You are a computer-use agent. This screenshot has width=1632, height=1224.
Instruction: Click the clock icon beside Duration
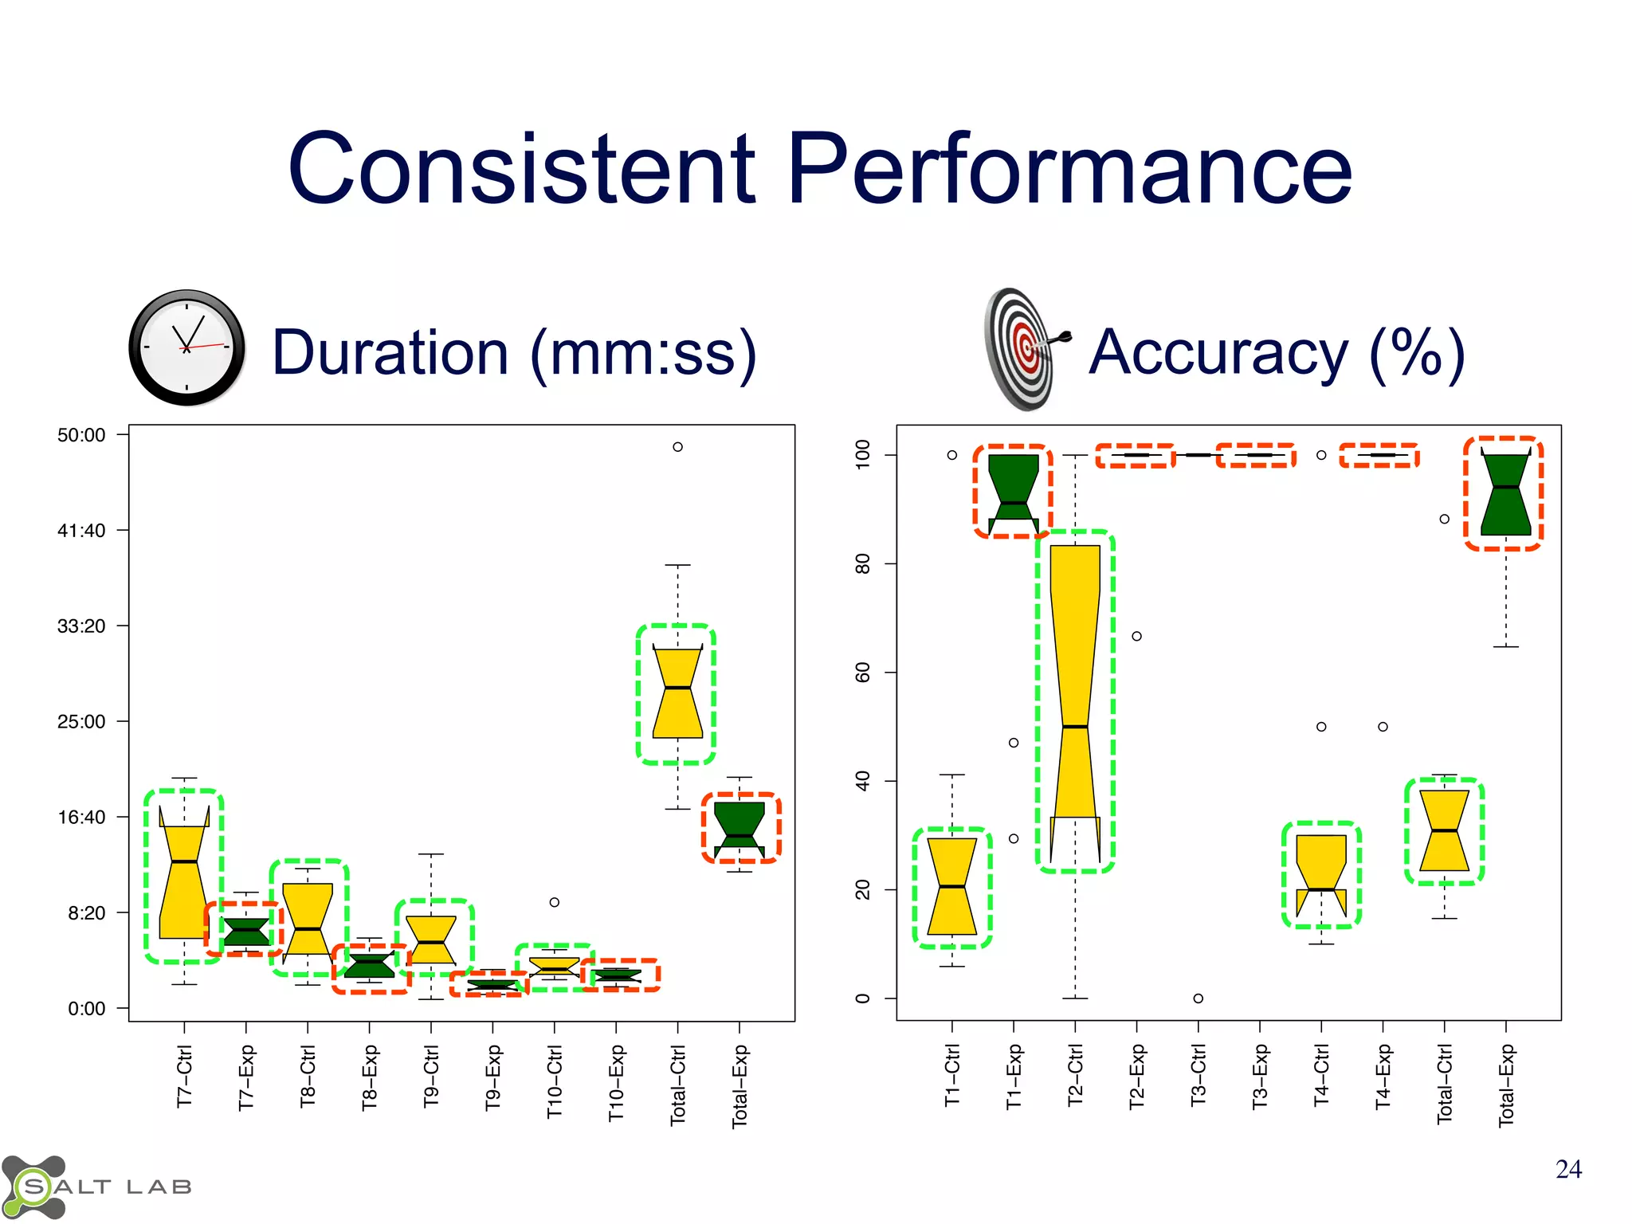click(186, 347)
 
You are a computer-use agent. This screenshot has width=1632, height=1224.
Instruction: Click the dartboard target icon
click(1023, 349)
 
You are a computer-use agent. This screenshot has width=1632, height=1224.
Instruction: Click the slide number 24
click(1567, 1169)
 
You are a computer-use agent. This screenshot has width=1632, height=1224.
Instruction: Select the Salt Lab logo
click(96, 1187)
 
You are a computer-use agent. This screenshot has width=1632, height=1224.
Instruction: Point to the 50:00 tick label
click(81, 435)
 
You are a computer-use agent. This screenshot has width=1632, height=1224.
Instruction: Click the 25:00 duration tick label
click(81, 722)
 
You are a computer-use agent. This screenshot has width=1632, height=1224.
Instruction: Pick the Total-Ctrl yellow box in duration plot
click(677, 693)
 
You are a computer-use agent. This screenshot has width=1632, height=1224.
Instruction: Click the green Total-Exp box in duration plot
click(739, 829)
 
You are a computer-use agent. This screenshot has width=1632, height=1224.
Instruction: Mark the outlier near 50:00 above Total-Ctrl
click(677, 447)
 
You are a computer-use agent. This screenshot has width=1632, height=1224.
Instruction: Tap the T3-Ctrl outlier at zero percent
click(1198, 998)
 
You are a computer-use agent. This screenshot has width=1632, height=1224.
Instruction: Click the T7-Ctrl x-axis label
click(184, 1076)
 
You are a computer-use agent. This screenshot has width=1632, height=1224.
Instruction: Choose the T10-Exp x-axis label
click(616, 1082)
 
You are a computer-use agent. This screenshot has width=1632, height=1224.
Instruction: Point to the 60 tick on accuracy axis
click(862, 673)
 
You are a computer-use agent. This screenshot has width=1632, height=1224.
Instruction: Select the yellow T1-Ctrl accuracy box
click(952, 886)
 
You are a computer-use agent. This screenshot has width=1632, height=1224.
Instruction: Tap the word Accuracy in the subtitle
click(1218, 352)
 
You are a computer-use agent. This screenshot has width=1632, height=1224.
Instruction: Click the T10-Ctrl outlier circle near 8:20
click(555, 902)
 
